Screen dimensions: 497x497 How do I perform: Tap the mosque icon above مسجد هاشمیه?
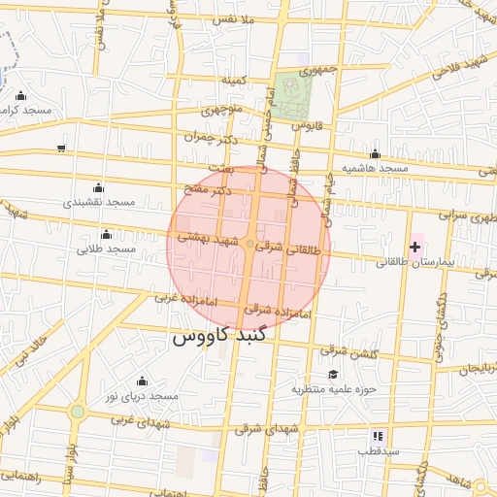[x=375, y=154]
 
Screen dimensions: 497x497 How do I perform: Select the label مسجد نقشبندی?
[x=97, y=202]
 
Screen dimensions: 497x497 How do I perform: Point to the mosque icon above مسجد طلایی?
[x=106, y=235]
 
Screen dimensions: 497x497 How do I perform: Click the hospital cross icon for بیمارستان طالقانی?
[x=415, y=248]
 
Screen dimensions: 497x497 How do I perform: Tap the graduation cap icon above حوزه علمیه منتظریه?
[x=333, y=375]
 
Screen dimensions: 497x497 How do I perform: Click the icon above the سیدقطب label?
[x=378, y=437]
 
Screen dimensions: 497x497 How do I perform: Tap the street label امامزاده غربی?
[x=177, y=298]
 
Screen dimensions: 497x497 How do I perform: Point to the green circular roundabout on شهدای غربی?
[x=77, y=412]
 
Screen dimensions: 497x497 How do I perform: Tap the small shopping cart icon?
[x=61, y=149]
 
